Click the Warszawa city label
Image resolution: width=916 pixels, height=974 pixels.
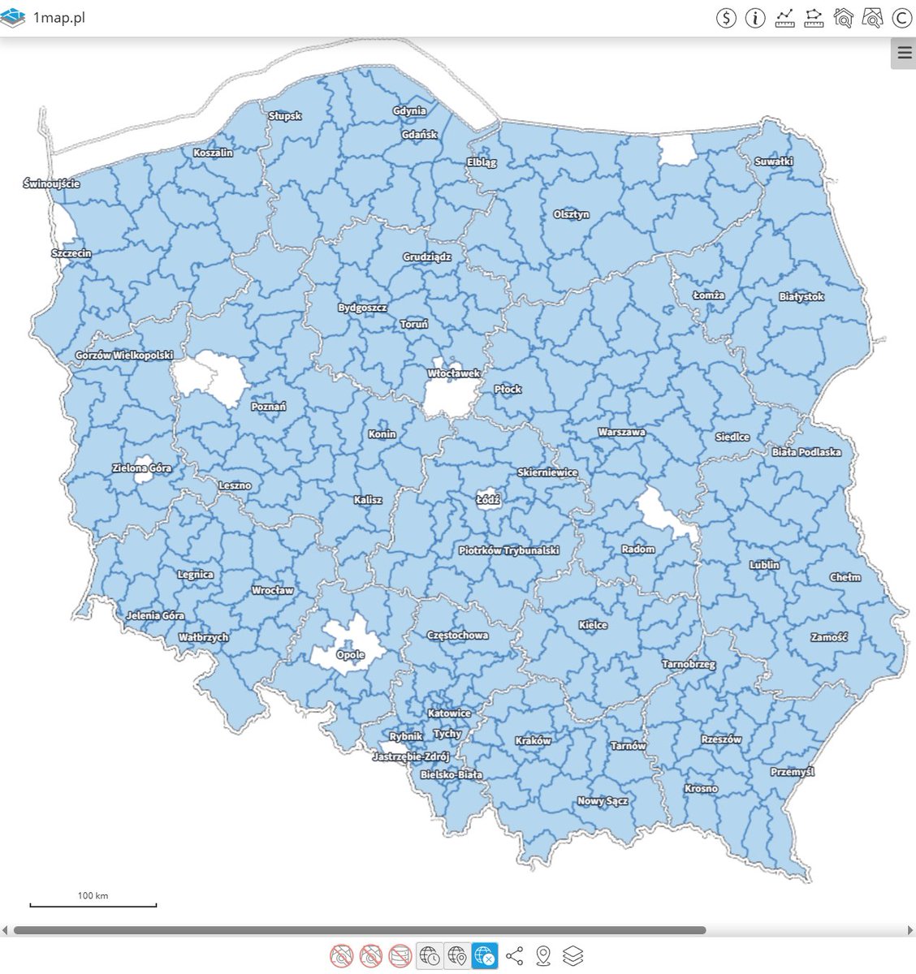coord(621,432)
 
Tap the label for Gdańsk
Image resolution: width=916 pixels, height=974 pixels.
coord(419,135)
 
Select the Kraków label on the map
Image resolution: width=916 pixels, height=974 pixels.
coord(533,740)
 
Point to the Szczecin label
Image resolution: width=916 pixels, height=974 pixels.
coord(71,253)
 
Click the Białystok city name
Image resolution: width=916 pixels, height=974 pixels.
coord(801,297)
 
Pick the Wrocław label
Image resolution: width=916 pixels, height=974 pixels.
coord(272,590)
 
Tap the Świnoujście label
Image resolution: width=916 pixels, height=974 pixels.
coord(51,184)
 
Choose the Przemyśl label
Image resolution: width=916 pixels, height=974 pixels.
coord(792,772)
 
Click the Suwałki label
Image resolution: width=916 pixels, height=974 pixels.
coord(773,162)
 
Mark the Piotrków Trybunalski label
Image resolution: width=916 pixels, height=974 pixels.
coord(508,550)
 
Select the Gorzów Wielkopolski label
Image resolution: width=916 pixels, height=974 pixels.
coord(124,356)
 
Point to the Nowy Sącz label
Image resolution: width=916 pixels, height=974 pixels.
coord(602,801)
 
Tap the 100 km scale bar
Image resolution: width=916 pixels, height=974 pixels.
coord(93,903)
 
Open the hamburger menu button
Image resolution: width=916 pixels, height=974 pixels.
coord(904,54)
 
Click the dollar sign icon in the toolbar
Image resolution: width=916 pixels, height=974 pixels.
coord(725,18)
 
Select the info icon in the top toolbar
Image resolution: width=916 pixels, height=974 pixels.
coord(754,18)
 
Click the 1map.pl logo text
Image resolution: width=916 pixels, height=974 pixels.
coord(58,18)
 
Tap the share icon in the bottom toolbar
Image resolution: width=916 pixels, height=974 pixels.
coord(514,956)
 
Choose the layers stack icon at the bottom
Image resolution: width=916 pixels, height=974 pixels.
coord(572,956)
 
